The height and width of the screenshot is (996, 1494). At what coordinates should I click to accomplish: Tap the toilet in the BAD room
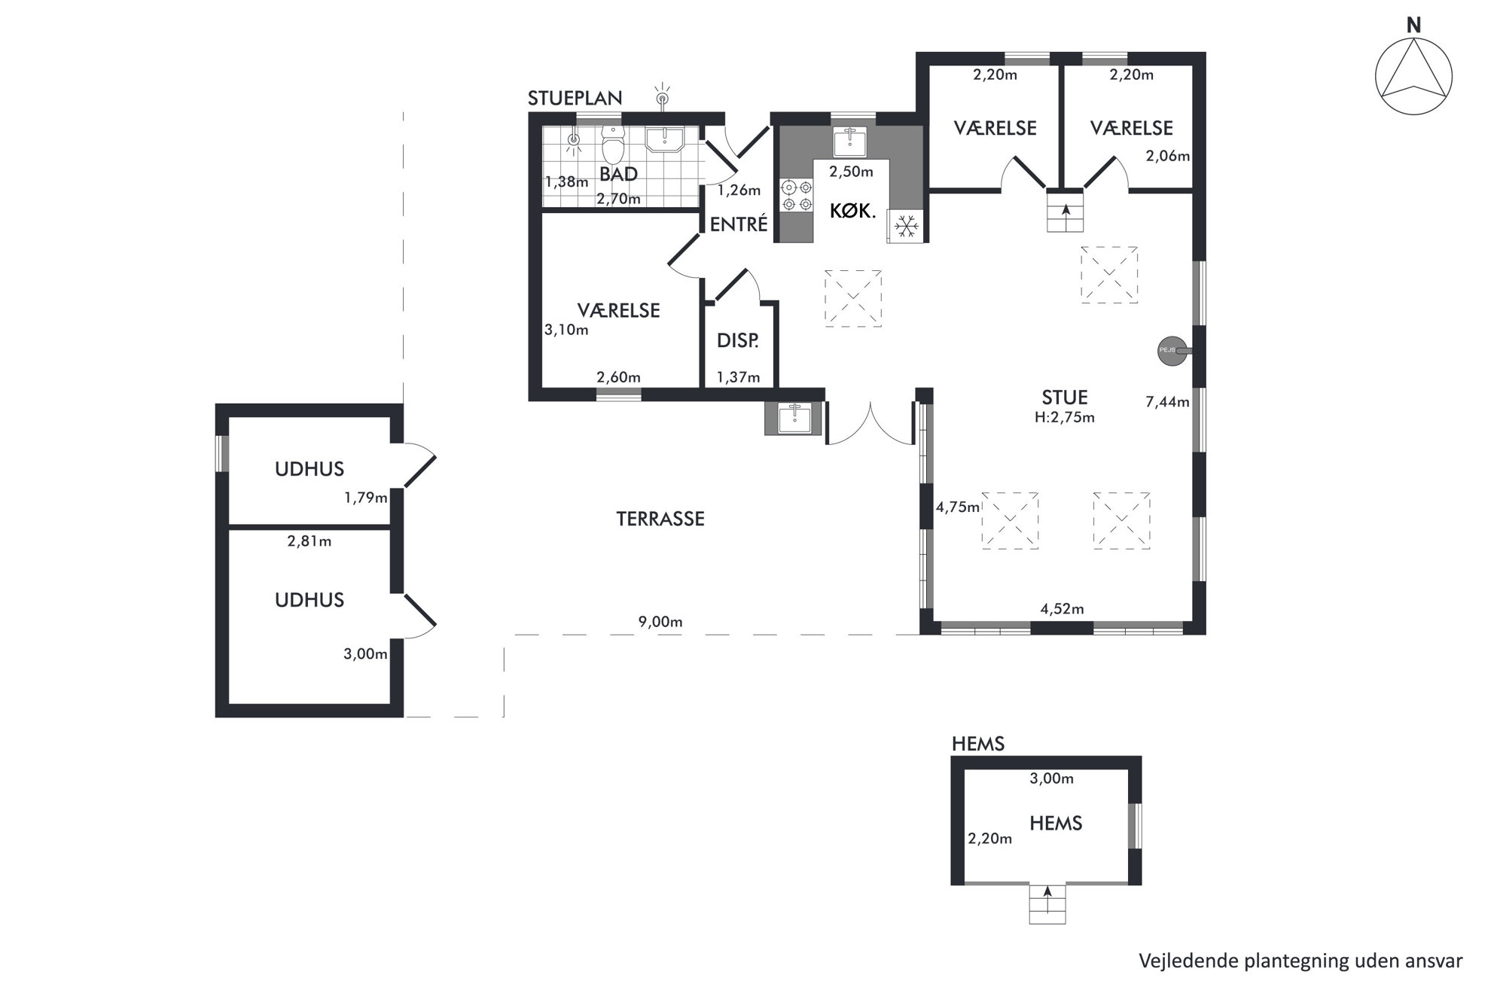point(614,145)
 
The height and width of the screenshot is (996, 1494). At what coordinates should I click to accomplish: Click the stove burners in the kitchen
point(797,195)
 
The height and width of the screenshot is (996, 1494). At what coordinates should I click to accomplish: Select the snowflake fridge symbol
point(906,225)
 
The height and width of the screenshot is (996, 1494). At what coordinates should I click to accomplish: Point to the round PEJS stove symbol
point(1172,350)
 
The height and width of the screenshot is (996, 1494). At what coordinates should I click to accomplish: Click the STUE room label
point(1065,397)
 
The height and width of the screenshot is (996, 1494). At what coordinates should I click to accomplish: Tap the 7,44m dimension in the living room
point(1167,402)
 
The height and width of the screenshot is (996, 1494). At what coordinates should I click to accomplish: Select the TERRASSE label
point(660,519)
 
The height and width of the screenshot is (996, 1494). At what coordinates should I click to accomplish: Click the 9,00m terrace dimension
point(660,622)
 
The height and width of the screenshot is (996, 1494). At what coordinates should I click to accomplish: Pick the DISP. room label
point(737,340)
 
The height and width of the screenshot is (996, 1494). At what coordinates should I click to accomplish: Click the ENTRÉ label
point(739,224)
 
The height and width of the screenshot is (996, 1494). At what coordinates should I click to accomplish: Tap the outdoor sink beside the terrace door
point(794,418)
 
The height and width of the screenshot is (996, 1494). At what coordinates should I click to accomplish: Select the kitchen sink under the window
point(851,142)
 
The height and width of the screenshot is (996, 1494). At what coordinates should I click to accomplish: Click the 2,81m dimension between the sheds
point(309,541)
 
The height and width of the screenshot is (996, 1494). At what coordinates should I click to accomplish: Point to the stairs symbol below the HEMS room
point(1047,903)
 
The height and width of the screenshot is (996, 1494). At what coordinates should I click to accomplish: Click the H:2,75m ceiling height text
point(1065,417)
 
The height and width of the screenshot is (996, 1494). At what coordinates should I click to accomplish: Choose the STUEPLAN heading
point(575,98)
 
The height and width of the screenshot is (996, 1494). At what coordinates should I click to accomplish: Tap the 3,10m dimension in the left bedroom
point(566,330)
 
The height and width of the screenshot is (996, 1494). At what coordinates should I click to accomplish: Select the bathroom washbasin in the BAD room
point(664,139)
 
